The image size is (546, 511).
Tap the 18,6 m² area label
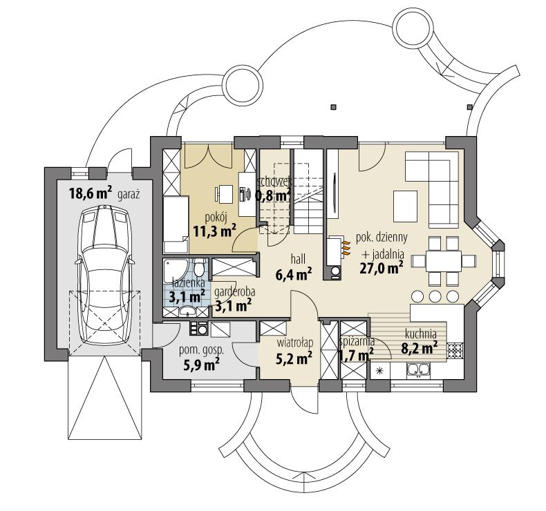90,193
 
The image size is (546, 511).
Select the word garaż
129,195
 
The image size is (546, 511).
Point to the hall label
298,258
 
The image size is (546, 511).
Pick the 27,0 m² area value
382,267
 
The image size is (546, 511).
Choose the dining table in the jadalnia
443,260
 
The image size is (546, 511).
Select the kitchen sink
415,372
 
